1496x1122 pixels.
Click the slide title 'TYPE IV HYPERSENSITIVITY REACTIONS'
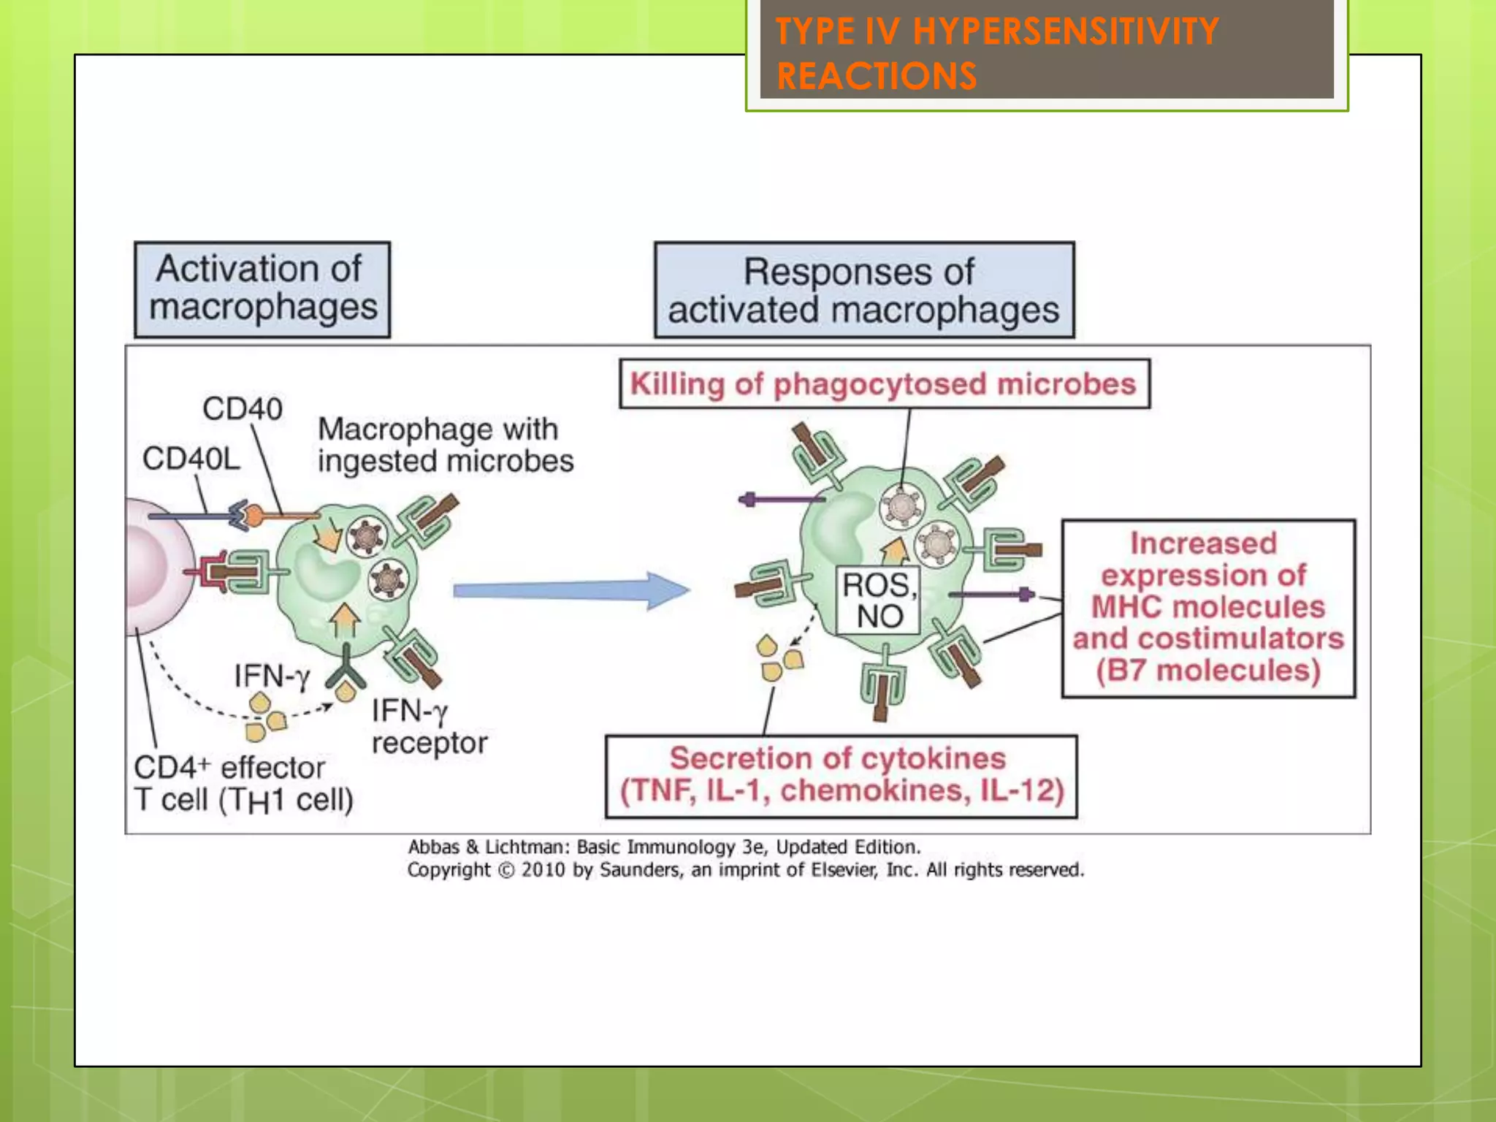tap(996, 53)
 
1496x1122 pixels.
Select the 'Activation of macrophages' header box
tap(262, 289)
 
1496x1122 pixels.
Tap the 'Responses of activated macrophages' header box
tap(863, 290)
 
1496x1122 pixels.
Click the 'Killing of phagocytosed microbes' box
tap(884, 383)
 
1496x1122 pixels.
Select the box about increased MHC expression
tap(1207, 608)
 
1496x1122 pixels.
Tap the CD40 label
tap(242, 409)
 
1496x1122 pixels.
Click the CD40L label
tap(191, 459)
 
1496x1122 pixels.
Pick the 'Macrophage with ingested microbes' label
tap(444, 445)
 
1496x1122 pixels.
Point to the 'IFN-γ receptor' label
tap(428, 727)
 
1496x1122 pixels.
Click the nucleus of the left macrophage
tap(325, 574)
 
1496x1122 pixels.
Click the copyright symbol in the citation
tap(505, 870)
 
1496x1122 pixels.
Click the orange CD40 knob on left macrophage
tap(253, 516)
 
